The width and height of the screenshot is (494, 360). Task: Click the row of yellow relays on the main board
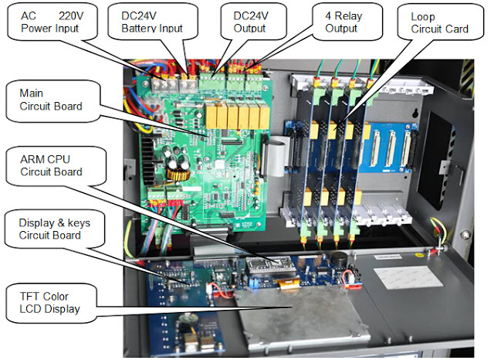point(237,117)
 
